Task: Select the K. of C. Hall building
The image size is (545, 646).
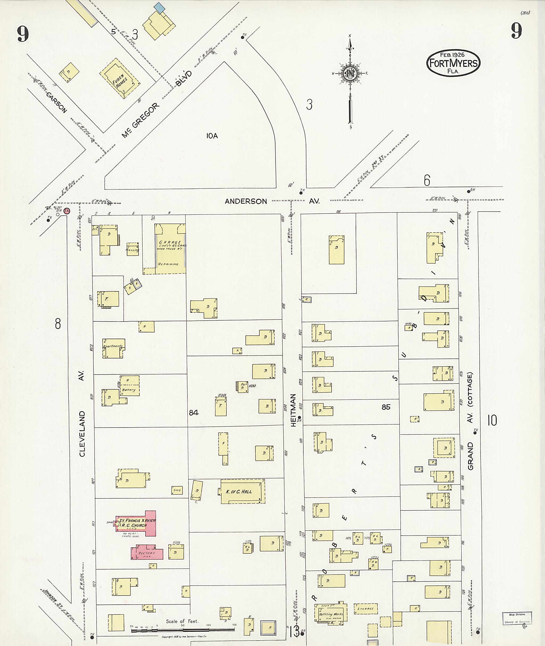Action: pyautogui.click(x=242, y=491)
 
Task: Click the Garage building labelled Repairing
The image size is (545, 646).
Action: pyautogui.click(x=170, y=249)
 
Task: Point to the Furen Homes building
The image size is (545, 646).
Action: pyautogui.click(x=119, y=79)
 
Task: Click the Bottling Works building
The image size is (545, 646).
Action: pyautogui.click(x=331, y=614)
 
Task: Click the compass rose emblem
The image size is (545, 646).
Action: pyautogui.click(x=350, y=73)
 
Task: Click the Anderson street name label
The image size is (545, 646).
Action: pyautogui.click(x=246, y=201)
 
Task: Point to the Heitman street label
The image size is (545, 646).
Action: pyautogui.click(x=293, y=410)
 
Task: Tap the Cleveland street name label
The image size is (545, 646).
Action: pyautogui.click(x=82, y=434)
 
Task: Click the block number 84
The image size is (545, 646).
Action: pyautogui.click(x=194, y=412)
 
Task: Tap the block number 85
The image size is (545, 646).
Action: pyautogui.click(x=386, y=407)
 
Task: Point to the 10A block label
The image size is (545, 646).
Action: pyautogui.click(x=212, y=136)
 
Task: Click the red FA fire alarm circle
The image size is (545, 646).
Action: pyautogui.click(x=67, y=211)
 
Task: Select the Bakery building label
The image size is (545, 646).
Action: pyautogui.click(x=129, y=390)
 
